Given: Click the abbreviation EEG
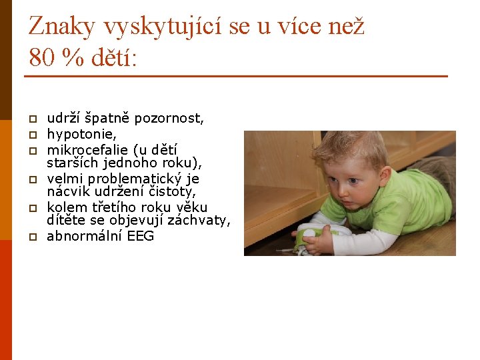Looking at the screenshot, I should coord(140,237).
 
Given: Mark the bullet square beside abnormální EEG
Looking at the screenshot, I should coord(31,237).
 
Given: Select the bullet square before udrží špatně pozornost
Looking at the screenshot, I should coord(31,119).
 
